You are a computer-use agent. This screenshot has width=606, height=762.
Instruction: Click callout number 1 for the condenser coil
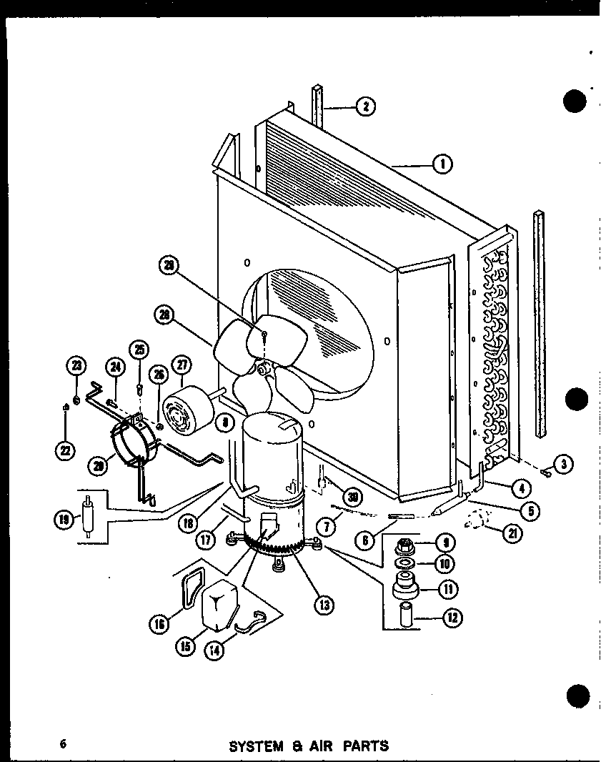pos(442,165)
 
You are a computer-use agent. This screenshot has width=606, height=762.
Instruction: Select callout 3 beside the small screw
pos(564,464)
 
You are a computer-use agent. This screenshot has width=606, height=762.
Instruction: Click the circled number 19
pos(64,519)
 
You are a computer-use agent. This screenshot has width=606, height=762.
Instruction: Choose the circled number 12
pos(452,616)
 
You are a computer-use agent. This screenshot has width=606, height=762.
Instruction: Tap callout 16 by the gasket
pos(159,624)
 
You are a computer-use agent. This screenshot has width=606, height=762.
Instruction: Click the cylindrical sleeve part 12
pos(409,615)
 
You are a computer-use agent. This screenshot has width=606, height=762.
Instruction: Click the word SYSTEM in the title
pos(257,746)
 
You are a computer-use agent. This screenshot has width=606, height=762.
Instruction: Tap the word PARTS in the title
pos(365,746)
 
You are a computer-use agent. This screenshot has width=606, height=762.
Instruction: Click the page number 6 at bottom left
pos(64,743)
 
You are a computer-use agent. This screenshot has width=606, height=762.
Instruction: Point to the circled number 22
pos(65,451)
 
